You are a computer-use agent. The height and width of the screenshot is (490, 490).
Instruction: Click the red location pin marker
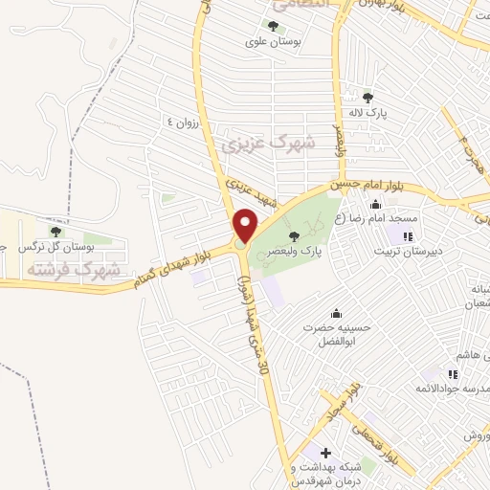(246, 225)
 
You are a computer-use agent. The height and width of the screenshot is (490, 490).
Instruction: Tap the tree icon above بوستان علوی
(274, 26)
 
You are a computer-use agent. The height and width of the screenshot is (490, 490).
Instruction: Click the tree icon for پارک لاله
(368, 96)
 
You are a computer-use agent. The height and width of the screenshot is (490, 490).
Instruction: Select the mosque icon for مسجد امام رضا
(375, 203)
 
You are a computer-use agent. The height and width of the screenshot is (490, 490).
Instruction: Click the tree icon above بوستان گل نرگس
(56, 230)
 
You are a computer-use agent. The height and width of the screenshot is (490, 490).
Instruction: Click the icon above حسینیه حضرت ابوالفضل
(336, 313)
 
